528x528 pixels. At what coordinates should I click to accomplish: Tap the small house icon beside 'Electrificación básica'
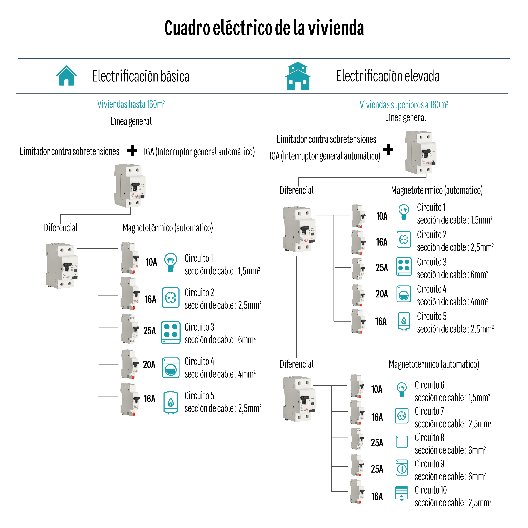click(66, 76)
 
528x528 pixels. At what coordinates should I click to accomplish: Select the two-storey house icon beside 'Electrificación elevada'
click(298, 76)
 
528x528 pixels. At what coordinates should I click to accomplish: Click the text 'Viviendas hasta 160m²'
click(131, 104)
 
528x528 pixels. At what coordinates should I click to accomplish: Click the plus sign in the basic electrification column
click(132, 151)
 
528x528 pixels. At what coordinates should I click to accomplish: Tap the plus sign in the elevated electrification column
click(388, 149)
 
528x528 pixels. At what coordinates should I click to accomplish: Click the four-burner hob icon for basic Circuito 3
click(171, 332)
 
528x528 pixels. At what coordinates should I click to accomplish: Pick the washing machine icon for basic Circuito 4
click(171, 368)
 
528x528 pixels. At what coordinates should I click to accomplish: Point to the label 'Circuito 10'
click(431, 490)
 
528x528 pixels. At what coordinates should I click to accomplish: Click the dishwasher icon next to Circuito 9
click(402, 468)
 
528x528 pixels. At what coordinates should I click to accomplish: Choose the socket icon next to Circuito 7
click(402, 416)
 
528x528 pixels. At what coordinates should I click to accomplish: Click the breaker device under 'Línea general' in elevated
click(421, 152)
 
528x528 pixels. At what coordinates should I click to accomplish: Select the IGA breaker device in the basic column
click(130, 186)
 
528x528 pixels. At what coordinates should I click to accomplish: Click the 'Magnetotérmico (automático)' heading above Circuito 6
click(434, 364)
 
